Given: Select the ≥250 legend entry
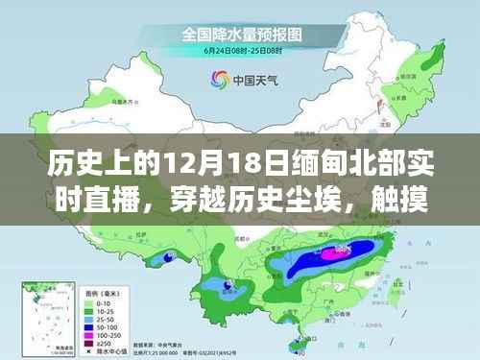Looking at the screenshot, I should pos(93,343).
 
